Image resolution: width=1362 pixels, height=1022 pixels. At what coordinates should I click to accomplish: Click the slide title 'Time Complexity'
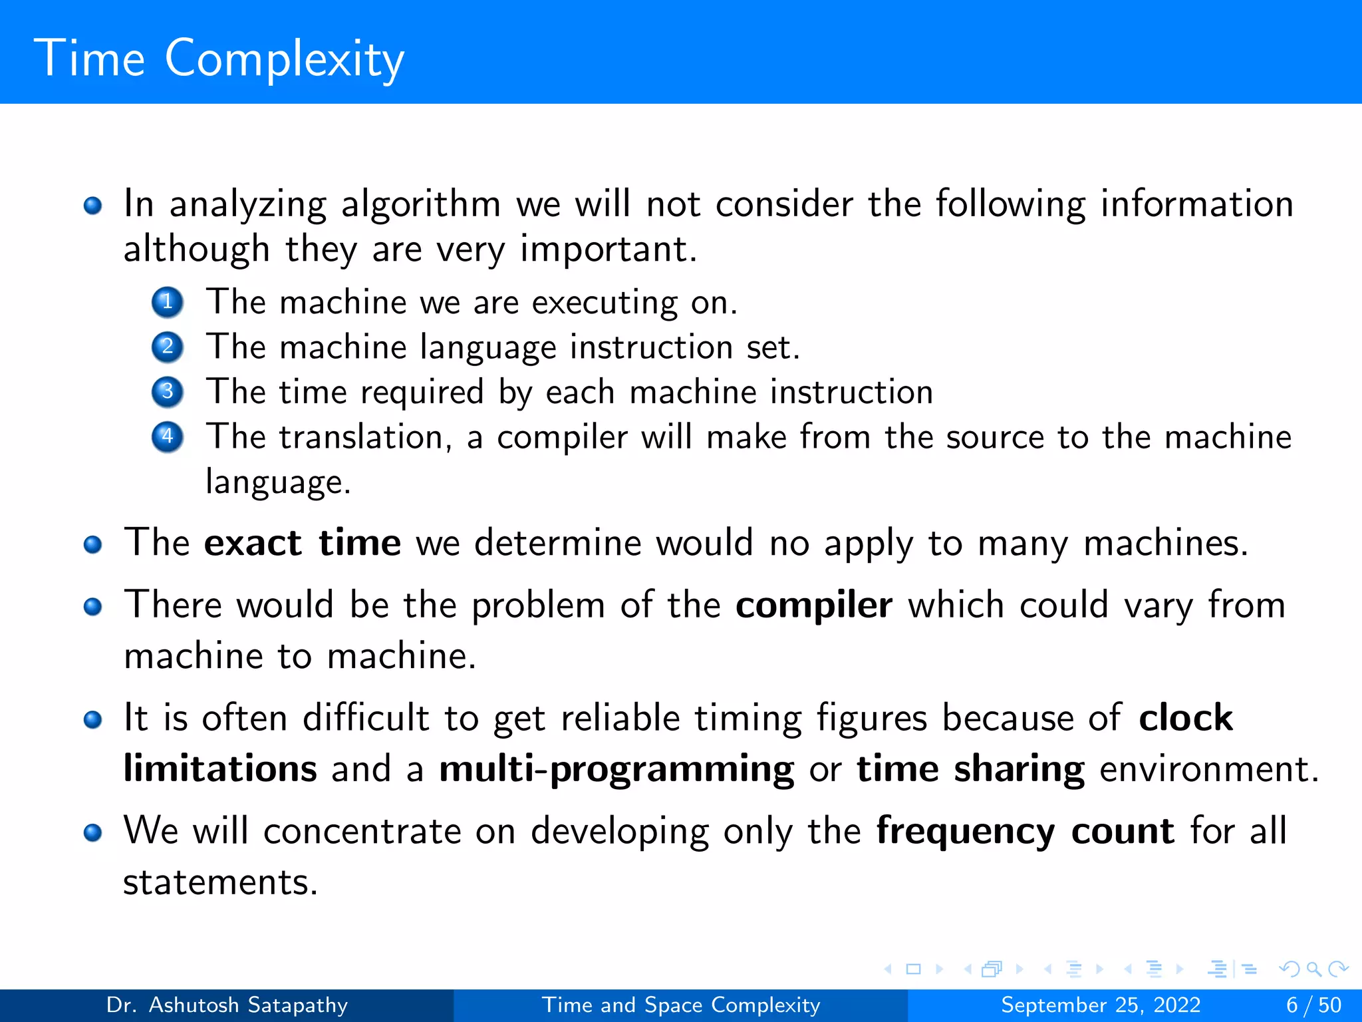[x=219, y=59]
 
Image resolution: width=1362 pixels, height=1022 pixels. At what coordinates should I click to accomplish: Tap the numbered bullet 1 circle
[x=168, y=302]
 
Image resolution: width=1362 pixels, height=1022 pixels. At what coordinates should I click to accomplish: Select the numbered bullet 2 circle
[x=168, y=347]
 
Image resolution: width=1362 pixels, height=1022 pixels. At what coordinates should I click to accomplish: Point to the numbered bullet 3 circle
[x=168, y=391]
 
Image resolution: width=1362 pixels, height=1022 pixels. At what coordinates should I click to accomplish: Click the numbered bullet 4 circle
[x=168, y=436]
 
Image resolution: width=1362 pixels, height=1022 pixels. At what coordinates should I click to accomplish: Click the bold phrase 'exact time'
[x=303, y=543]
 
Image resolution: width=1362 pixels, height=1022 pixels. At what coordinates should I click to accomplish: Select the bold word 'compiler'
[x=813, y=605]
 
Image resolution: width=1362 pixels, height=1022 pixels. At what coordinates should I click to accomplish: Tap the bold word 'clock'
[x=1186, y=717]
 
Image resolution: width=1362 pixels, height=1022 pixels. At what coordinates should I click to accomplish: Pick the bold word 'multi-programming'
[x=616, y=769]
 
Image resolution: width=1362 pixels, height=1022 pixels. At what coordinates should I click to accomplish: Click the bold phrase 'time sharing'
[x=970, y=769]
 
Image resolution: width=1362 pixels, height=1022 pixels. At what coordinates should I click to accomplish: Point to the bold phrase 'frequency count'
[x=1025, y=831]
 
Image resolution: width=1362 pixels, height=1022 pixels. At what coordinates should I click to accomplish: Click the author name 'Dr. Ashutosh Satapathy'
[x=227, y=1005]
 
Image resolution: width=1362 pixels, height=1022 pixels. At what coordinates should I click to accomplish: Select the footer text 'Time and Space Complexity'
[x=681, y=1005]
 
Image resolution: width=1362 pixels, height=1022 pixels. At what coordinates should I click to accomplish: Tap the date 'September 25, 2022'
[x=1101, y=1005]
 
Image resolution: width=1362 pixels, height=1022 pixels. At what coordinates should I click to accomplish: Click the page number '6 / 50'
[x=1313, y=1005]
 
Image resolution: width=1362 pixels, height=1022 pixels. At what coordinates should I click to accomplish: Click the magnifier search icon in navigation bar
[x=1313, y=969]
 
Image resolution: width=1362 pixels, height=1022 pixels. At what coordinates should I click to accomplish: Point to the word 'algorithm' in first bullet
[x=420, y=204]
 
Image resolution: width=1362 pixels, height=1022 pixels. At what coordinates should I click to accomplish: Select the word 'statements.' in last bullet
[x=220, y=882]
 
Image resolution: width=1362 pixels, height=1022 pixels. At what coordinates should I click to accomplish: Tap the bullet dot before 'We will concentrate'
[x=93, y=832]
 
